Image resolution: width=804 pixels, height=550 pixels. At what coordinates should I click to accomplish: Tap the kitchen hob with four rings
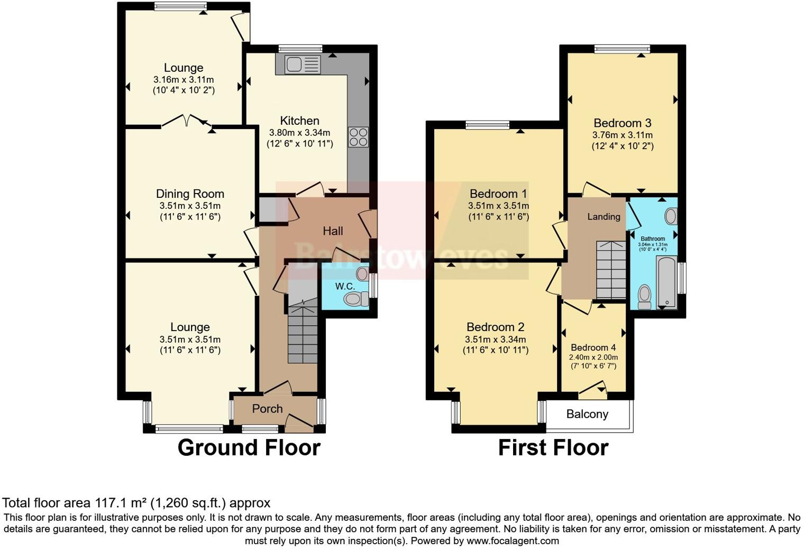358,137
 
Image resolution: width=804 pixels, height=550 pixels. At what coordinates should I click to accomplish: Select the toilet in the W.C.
357,299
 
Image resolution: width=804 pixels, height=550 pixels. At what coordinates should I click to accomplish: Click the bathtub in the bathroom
666,282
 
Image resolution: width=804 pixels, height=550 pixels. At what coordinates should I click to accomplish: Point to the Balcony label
587,414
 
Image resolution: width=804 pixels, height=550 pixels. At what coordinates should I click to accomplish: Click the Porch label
267,409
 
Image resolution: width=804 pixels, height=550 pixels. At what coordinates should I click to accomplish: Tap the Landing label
604,217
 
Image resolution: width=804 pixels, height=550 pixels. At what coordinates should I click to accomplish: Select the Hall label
333,231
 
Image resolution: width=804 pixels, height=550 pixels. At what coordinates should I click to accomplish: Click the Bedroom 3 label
622,123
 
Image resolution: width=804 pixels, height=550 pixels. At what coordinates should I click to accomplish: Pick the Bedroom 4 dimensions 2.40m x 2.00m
593,357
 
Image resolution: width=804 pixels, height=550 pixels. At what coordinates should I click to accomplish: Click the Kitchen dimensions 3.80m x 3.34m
299,133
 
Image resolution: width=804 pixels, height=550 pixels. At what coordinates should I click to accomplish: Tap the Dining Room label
190,194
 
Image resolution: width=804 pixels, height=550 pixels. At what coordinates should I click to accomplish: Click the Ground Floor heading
249,447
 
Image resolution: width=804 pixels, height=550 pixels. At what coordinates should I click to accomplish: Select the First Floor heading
553,448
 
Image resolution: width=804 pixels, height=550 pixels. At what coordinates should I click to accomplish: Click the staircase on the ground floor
302,333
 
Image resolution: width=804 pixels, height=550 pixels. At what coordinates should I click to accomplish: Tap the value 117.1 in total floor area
112,503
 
